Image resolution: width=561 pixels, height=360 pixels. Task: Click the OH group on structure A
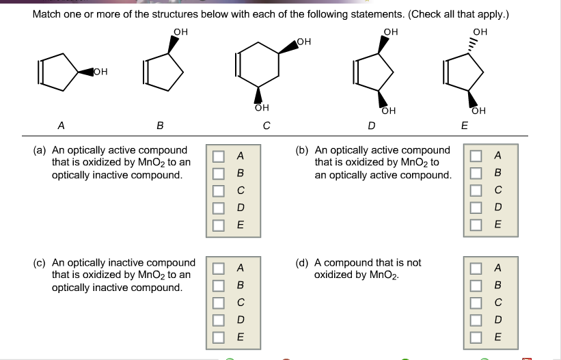point(100,71)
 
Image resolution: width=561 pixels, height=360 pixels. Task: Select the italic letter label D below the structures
point(371,126)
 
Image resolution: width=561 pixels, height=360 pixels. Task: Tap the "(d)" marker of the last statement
point(302,262)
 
